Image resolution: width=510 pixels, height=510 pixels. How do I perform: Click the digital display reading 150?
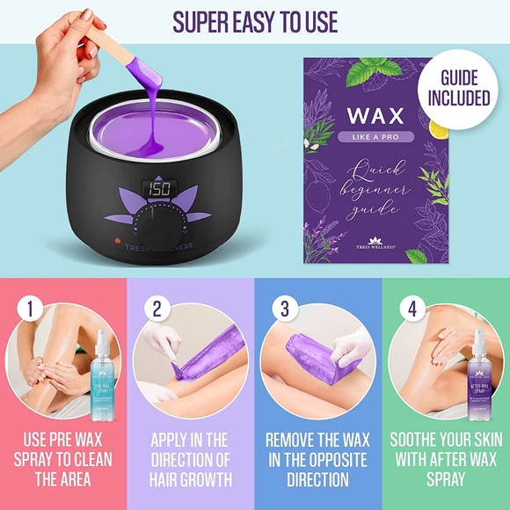(x=159, y=189)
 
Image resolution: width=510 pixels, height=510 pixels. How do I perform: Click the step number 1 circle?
(x=33, y=310)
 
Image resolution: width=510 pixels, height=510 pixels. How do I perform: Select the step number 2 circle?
(x=158, y=310)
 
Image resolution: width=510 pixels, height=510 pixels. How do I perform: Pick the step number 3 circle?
(x=285, y=310)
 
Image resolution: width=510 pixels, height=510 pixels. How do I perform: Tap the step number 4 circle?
(x=412, y=310)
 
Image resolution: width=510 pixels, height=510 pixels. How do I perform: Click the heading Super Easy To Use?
(x=254, y=21)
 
